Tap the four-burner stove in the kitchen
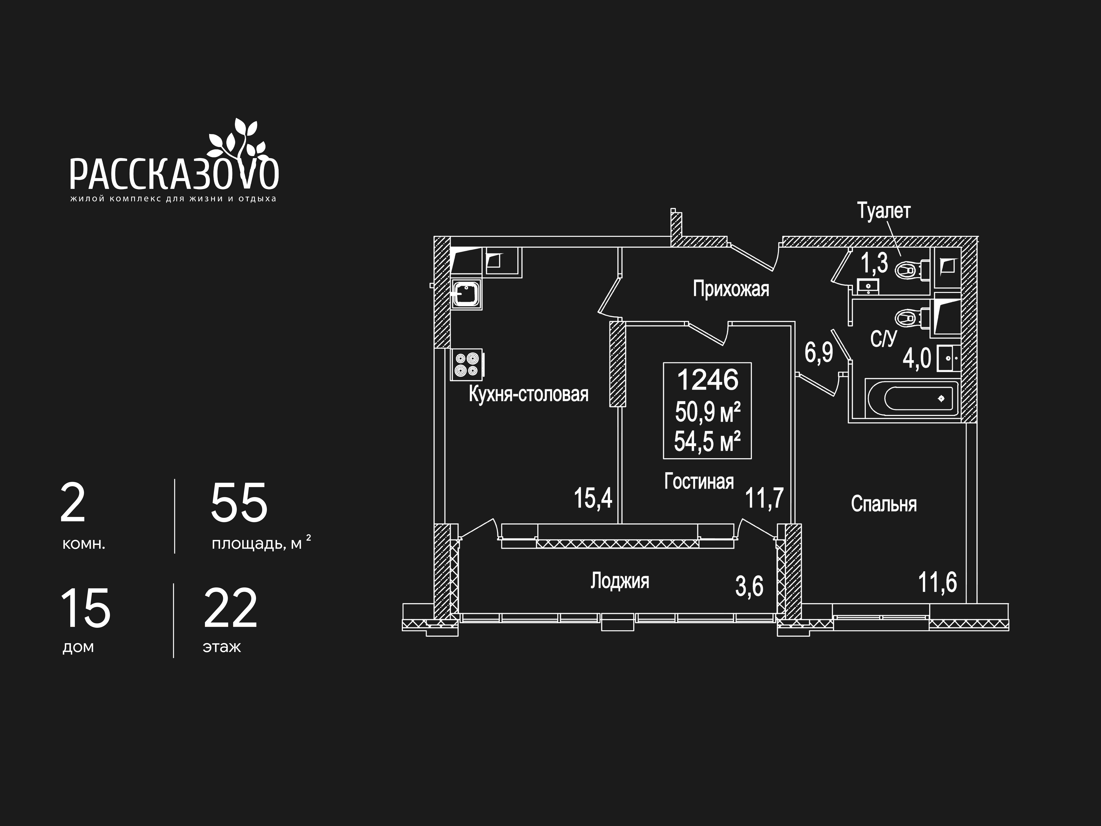click(x=466, y=364)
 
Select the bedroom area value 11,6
click(x=937, y=582)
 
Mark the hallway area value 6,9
click(x=819, y=353)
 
